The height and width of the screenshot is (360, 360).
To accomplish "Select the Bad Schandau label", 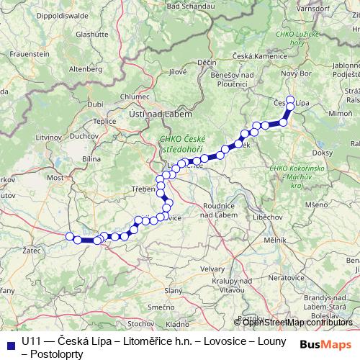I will (188, 6).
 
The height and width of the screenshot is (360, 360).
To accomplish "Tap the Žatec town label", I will (31, 251).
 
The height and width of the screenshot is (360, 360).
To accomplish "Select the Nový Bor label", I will (294, 74).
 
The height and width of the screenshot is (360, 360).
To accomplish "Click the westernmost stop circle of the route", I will (71, 237).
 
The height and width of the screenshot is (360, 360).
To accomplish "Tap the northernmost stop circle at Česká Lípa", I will (291, 100).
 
